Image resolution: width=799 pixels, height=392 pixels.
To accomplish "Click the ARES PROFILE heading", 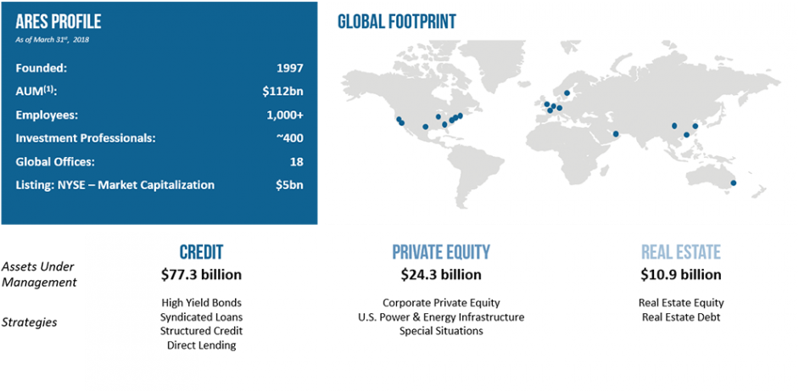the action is (x=58, y=22).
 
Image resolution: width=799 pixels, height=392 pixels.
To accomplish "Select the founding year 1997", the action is (x=289, y=69).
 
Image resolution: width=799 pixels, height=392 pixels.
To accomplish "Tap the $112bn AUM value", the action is (x=282, y=92).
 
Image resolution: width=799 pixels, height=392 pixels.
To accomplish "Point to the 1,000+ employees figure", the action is (x=285, y=115).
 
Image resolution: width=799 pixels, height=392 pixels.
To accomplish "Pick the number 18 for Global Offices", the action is (x=296, y=162).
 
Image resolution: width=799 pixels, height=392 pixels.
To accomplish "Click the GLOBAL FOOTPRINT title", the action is (x=397, y=21).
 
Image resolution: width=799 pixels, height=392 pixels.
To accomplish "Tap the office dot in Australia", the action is (x=734, y=183).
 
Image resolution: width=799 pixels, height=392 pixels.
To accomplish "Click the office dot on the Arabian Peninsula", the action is (x=616, y=134).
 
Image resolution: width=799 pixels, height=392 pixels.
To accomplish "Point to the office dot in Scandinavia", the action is (x=567, y=92).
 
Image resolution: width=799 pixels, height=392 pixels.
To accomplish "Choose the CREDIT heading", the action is (x=201, y=252).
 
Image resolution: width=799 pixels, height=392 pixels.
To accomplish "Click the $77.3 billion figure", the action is (x=201, y=275).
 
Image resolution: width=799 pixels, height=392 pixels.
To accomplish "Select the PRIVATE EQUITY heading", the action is (x=441, y=252).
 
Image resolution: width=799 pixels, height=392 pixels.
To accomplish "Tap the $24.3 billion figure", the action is (x=441, y=275).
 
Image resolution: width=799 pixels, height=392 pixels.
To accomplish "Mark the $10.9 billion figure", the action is (x=681, y=275).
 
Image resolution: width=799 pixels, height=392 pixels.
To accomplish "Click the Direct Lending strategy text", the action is (x=201, y=345).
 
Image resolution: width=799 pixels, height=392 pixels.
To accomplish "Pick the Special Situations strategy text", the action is (x=441, y=331).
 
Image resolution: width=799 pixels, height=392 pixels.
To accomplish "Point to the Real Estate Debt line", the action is (x=681, y=317).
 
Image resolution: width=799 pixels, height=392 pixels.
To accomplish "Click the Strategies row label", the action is (x=29, y=322).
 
